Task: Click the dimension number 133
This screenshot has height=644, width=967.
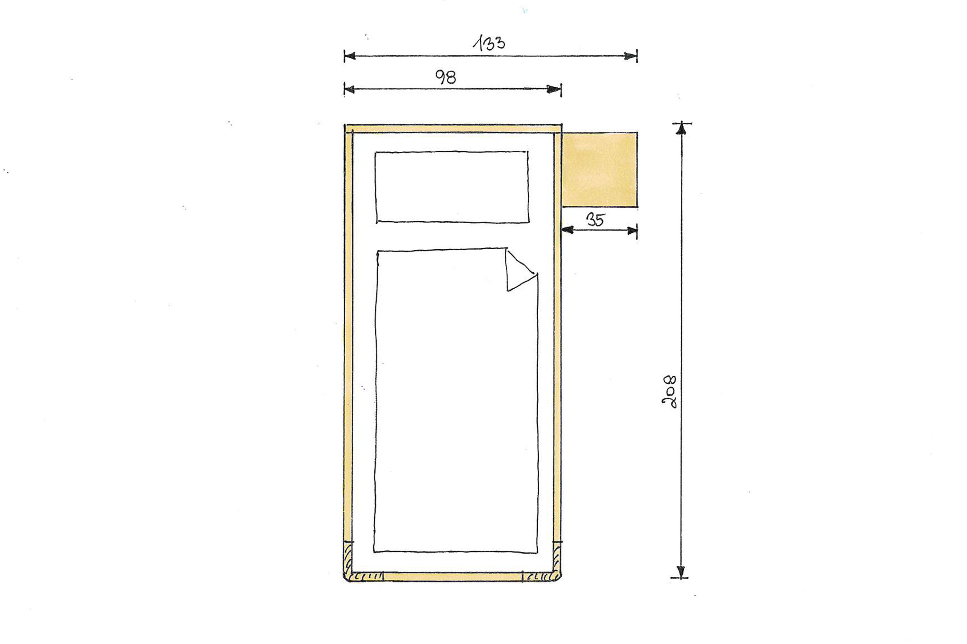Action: pyautogui.click(x=489, y=43)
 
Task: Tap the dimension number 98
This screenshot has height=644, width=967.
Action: pyautogui.click(x=446, y=77)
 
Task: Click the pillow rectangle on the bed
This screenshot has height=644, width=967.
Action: pyautogui.click(x=452, y=187)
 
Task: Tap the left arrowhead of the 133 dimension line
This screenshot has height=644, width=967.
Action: pyautogui.click(x=350, y=56)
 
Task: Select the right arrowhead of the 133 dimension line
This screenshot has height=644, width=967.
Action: pyautogui.click(x=631, y=56)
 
